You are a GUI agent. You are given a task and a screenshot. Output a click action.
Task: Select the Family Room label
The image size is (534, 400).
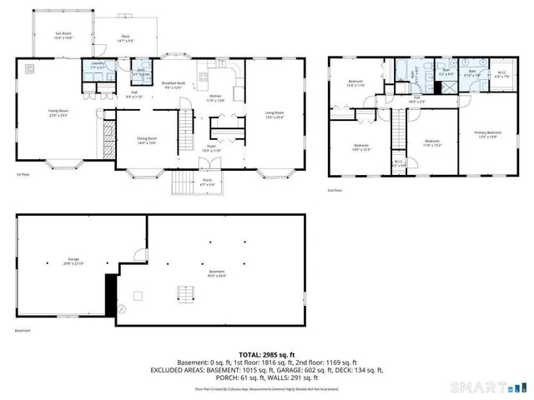coord(58,114)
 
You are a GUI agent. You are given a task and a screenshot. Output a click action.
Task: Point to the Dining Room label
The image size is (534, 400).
coord(146,140)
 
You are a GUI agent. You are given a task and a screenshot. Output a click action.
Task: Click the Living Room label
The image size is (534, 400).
coord(275,114)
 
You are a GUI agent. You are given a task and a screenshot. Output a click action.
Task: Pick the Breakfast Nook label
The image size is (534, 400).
coord(174,86)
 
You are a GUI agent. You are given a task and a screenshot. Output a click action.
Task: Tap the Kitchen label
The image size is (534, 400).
coord(215,97)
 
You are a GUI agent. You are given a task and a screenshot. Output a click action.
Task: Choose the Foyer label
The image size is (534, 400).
coord(213,148)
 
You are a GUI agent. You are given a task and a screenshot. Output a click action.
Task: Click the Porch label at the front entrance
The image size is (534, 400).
coord(207,182)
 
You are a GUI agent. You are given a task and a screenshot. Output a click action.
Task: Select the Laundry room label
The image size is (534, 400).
coord(96,64)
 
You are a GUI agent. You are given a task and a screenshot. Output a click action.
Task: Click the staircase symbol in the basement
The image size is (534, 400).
coord(184,293)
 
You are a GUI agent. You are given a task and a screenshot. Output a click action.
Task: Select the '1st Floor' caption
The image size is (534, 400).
coord(23,174)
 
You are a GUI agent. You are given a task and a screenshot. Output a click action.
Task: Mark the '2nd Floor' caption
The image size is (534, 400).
coord(335,191)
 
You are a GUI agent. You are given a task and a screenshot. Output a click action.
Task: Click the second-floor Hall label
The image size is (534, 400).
coord(415,98)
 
